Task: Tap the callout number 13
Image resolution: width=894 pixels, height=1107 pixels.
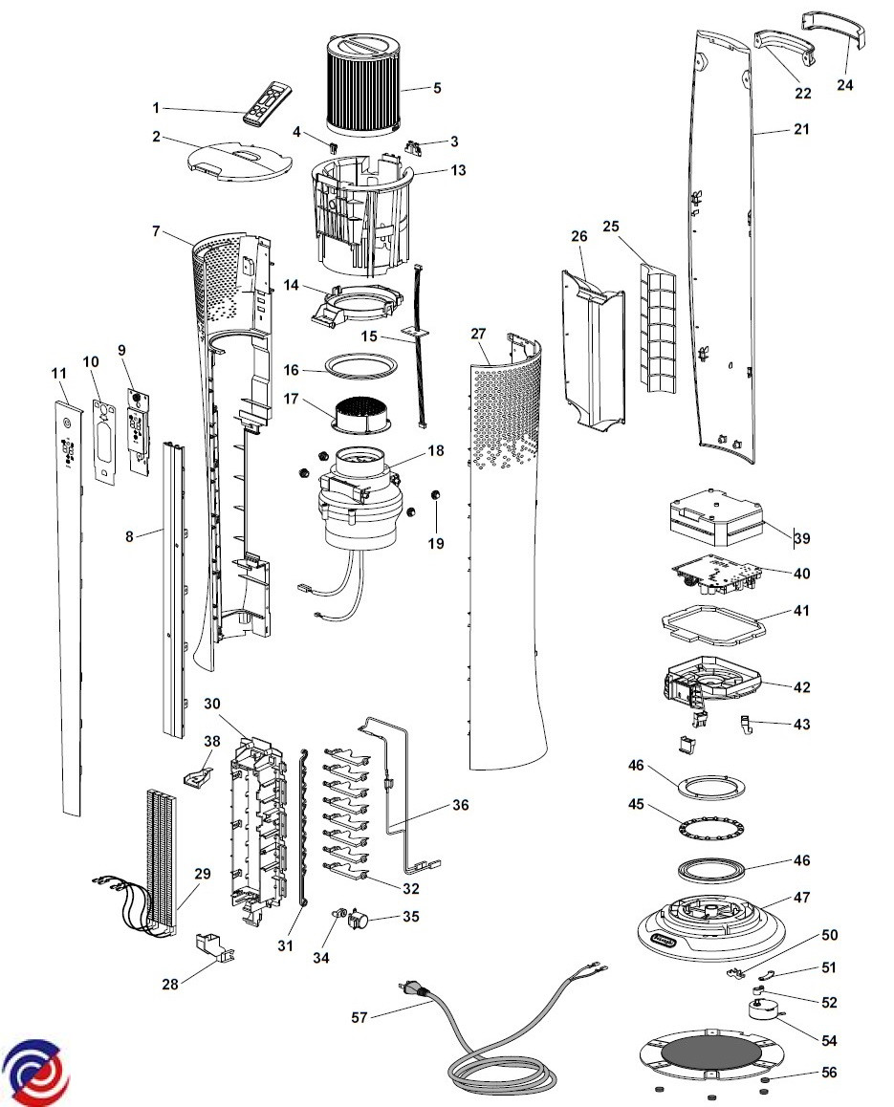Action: pyautogui.click(x=458, y=170)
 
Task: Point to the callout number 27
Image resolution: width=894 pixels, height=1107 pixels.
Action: pyautogui.click(x=479, y=334)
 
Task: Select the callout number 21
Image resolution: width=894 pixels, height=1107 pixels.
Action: pyautogui.click(x=801, y=129)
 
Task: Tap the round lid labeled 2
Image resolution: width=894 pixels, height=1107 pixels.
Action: pyautogui.click(x=240, y=160)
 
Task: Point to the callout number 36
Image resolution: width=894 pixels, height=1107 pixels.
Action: pyautogui.click(x=461, y=805)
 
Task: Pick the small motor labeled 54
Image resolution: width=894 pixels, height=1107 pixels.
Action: pyautogui.click(x=765, y=1009)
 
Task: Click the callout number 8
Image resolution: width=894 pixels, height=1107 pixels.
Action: pyautogui.click(x=129, y=536)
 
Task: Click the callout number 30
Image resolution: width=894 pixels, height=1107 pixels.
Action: pyautogui.click(x=212, y=704)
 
